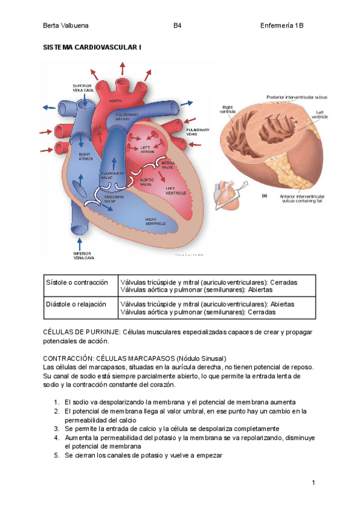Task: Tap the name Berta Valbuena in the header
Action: pyautogui.click(x=65, y=26)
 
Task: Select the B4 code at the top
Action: pyautogui.click(x=178, y=26)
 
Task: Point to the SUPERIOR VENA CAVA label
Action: pyautogui.click(x=82, y=88)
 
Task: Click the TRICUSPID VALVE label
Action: pyautogui.click(x=114, y=199)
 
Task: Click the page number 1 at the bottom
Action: pyautogui.click(x=313, y=483)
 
